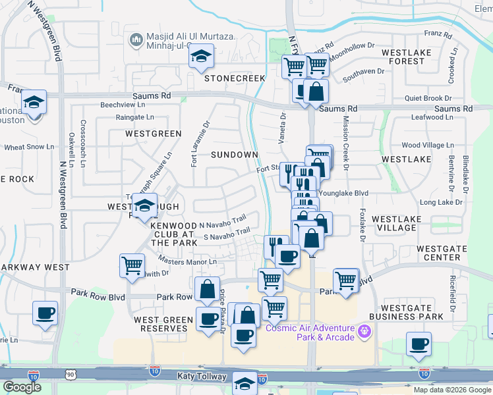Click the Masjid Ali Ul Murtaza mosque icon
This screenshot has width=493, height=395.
click(136, 41)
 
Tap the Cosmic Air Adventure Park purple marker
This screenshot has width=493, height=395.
click(362, 332)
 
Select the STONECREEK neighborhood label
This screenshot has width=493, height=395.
click(234, 78)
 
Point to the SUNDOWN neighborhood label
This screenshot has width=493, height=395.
click(234, 155)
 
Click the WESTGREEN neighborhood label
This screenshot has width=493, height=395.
click(153, 134)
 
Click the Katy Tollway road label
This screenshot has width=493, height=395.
click(202, 377)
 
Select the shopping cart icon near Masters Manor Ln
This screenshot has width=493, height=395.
click(132, 266)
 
